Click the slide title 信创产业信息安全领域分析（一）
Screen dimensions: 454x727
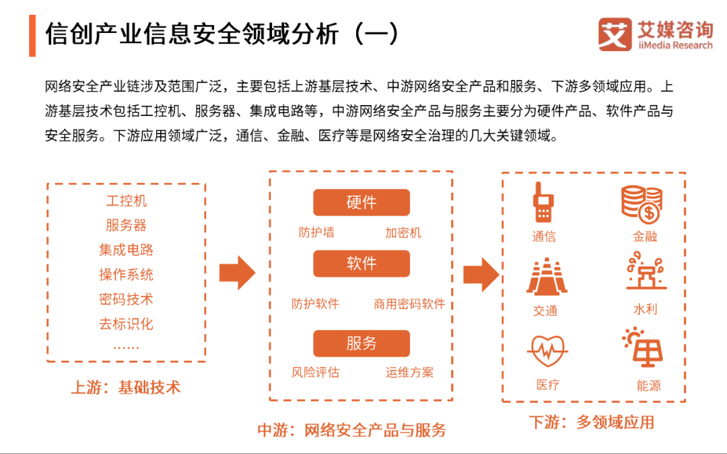pos(223,34)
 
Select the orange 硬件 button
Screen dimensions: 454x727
pos(361,202)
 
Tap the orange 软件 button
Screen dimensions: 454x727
pos(361,263)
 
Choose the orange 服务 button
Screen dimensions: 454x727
pos(361,343)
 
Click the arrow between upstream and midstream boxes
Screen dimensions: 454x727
pos(237,273)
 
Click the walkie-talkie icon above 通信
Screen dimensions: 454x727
pos(543,201)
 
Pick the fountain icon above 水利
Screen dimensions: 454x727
pos(645,272)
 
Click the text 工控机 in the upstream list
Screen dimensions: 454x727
pos(126,201)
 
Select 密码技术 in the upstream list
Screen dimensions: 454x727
pos(126,299)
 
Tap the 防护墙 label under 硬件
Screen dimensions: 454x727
pos(316,233)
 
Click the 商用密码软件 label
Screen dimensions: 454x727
pos(409,304)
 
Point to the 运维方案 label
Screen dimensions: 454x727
pos(409,372)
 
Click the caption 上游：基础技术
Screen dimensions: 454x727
pos(126,387)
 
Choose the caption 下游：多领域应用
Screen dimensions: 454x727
pos(591,422)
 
